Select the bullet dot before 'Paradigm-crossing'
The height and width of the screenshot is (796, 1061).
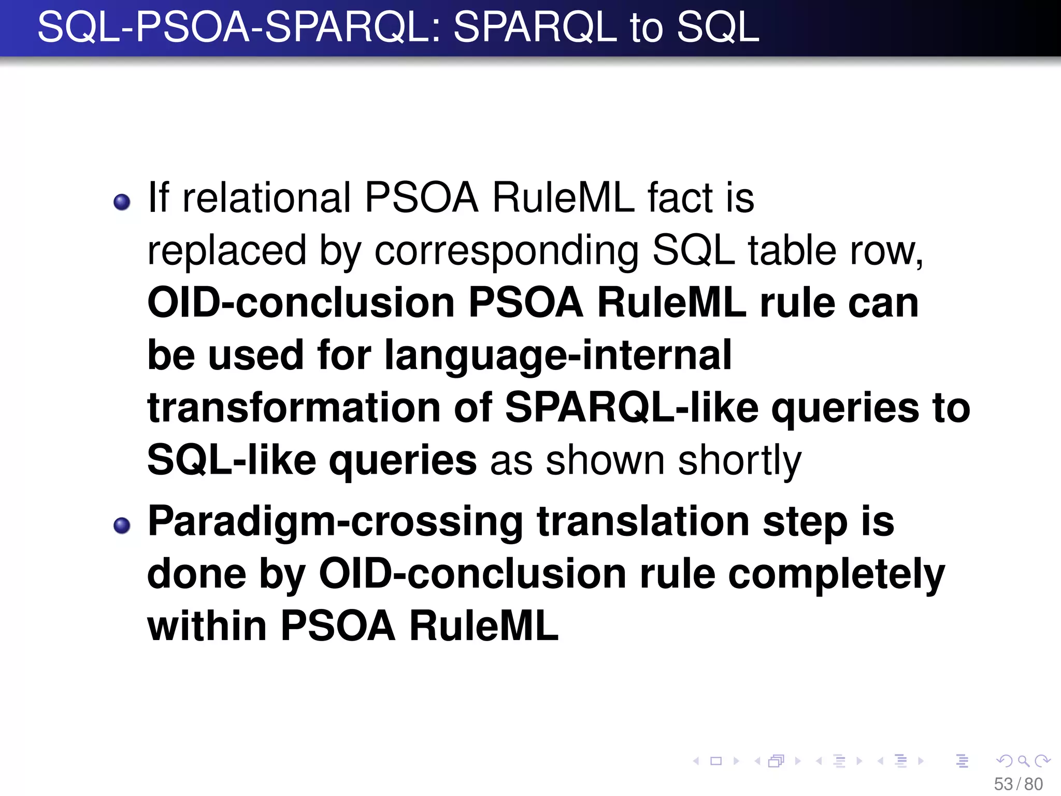click(122, 525)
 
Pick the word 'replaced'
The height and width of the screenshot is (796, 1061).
click(226, 251)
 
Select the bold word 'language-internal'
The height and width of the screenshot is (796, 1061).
click(557, 356)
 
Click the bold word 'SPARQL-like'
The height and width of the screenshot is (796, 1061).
click(632, 408)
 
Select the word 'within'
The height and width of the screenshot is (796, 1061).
click(207, 626)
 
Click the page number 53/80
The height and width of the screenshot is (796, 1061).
click(1018, 784)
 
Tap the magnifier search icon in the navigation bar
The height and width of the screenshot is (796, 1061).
click(1023, 761)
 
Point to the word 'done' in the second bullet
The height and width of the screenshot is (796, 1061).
click(197, 574)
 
